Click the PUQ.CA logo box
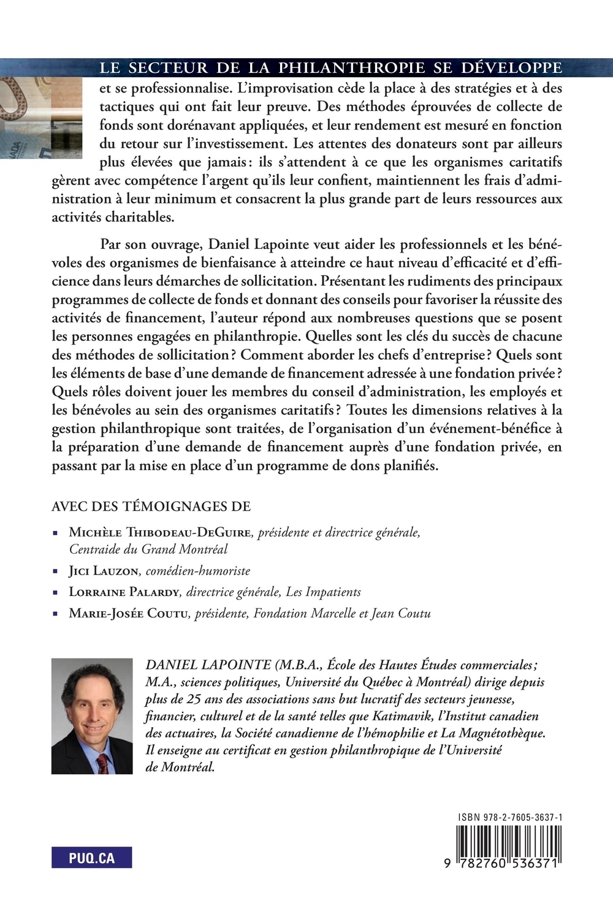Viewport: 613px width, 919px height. pyautogui.click(x=92, y=858)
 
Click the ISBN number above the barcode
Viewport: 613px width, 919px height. pyautogui.click(x=510, y=818)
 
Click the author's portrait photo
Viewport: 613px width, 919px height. pyautogui.click(x=92, y=716)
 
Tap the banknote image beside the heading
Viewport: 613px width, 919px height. pyautogui.click(x=40, y=116)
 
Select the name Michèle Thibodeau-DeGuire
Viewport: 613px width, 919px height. pyautogui.click(x=160, y=533)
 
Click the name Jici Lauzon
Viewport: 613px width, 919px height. pyautogui.click(x=104, y=571)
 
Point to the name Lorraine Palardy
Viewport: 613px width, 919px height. pyautogui.click(x=124, y=592)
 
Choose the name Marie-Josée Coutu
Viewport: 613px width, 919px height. pyautogui.click(x=128, y=614)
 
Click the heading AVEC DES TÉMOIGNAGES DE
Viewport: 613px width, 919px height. pyautogui.click(x=151, y=506)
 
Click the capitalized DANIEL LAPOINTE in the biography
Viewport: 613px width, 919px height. pyautogui.click(x=208, y=665)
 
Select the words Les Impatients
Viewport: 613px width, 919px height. pyautogui.click(x=323, y=592)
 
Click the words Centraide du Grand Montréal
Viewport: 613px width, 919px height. pyautogui.click(x=148, y=549)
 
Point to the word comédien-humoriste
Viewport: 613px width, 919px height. pyautogui.click(x=198, y=571)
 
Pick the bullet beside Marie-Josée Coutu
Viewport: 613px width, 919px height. pyautogui.click(x=56, y=614)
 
